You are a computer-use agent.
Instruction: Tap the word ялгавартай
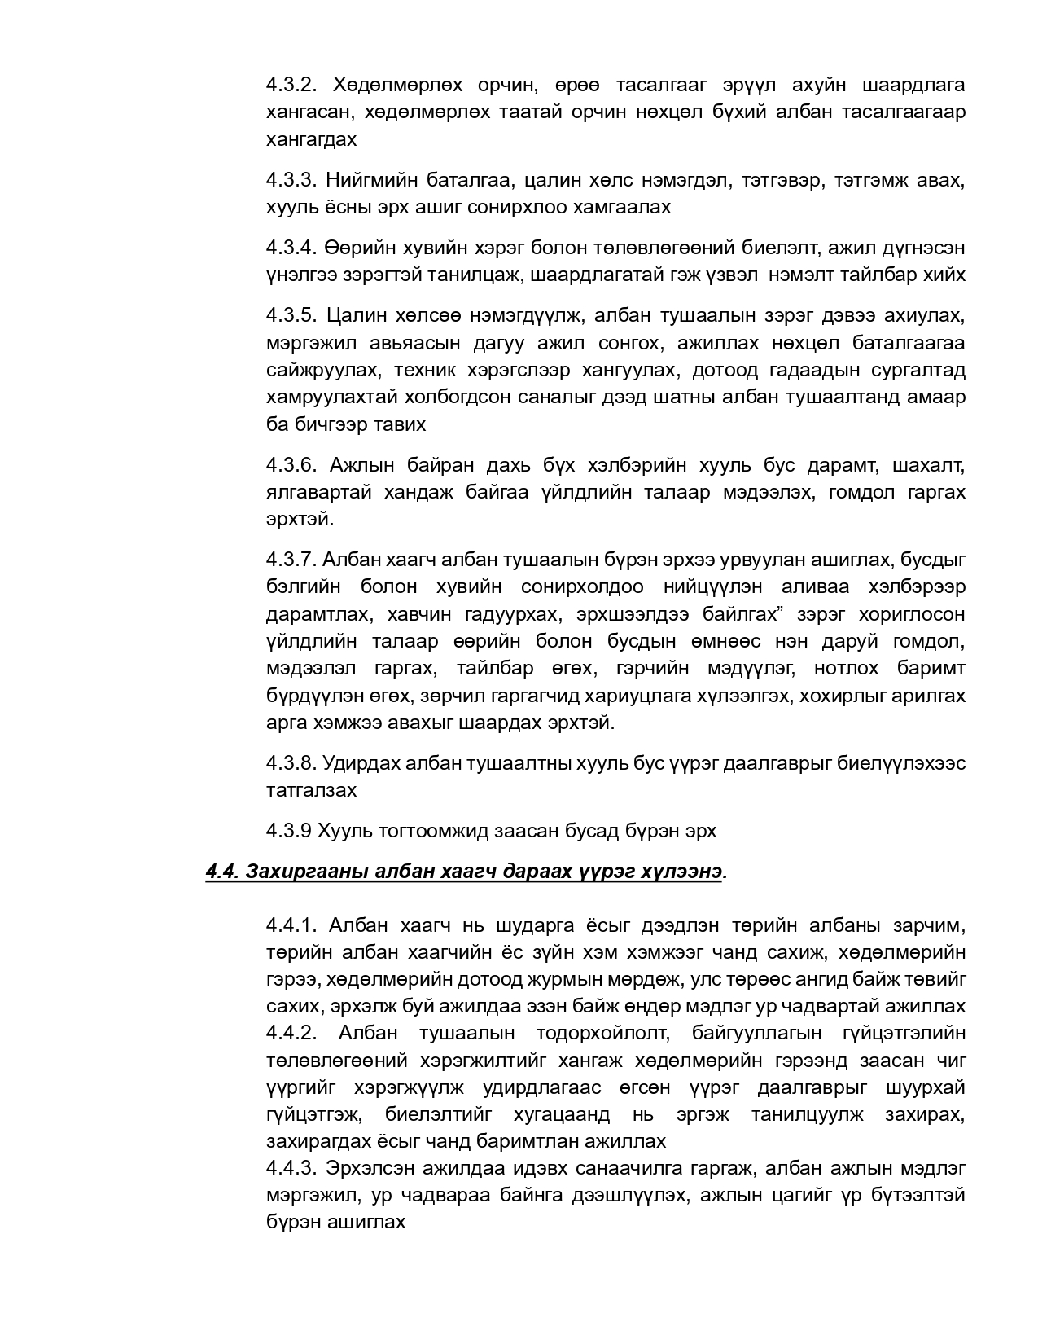pos(319,492)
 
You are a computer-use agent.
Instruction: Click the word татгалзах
pos(311,790)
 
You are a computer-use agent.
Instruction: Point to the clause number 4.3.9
pos(288,831)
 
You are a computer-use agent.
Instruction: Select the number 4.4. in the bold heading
pos(221,872)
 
